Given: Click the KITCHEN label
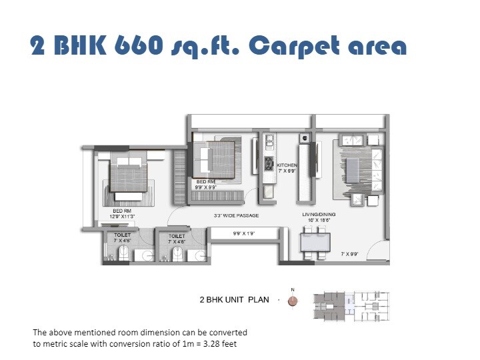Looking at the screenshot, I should [287, 165].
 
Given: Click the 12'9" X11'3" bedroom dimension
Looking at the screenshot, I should [123, 216].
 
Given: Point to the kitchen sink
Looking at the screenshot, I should [269, 141].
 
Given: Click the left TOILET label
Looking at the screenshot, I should [123, 235].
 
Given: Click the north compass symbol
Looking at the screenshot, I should [292, 301].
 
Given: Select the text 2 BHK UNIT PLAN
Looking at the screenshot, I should [234, 300].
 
